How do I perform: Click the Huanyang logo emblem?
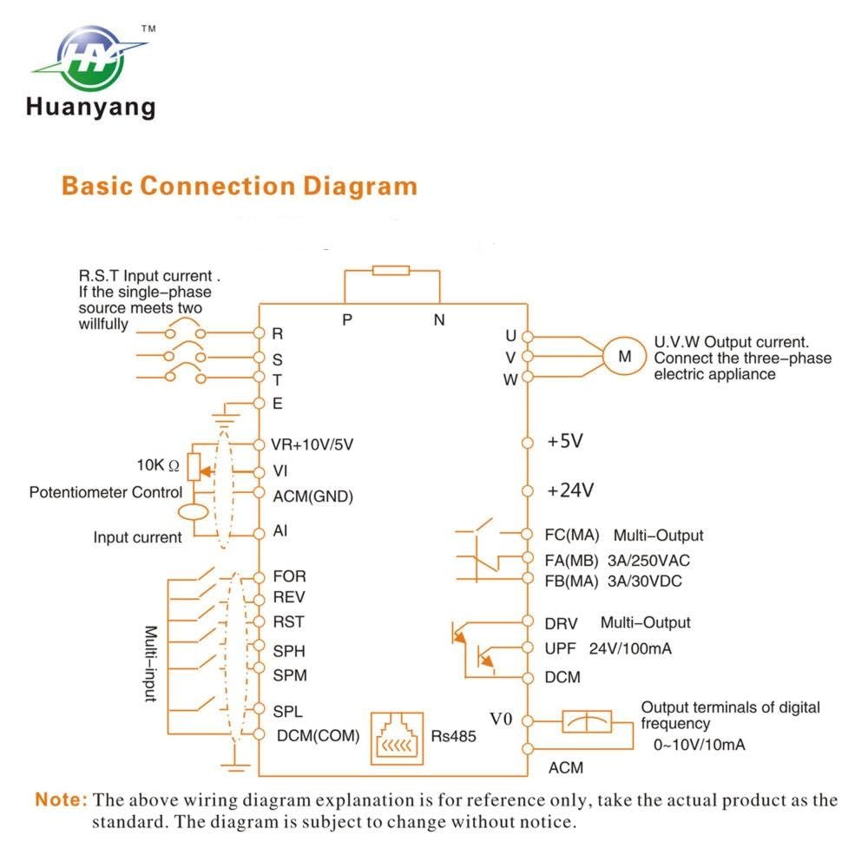click(x=90, y=57)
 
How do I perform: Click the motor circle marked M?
click(x=624, y=356)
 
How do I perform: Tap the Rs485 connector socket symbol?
click(x=397, y=739)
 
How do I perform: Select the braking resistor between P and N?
click(x=391, y=270)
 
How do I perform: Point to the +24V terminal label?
click(x=570, y=490)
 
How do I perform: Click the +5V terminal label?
click(x=565, y=441)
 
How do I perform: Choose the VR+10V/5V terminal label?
click(x=312, y=444)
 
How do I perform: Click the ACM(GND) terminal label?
click(x=312, y=496)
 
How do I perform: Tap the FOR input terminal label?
click(x=289, y=576)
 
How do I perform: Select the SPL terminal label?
click(x=287, y=711)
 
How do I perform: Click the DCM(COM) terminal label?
click(x=318, y=736)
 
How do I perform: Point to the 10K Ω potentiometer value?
click(x=158, y=465)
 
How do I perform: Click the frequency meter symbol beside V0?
click(x=587, y=721)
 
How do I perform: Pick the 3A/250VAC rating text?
click(x=648, y=561)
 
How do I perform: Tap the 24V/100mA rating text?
click(x=630, y=648)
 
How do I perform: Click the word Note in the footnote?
click(x=61, y=799)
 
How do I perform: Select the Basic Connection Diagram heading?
click(x=240, y=186)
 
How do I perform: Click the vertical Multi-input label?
click(x=150, y=663)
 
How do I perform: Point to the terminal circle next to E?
click(x=259, y=403)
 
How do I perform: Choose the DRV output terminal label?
click(x=561, y=624)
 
